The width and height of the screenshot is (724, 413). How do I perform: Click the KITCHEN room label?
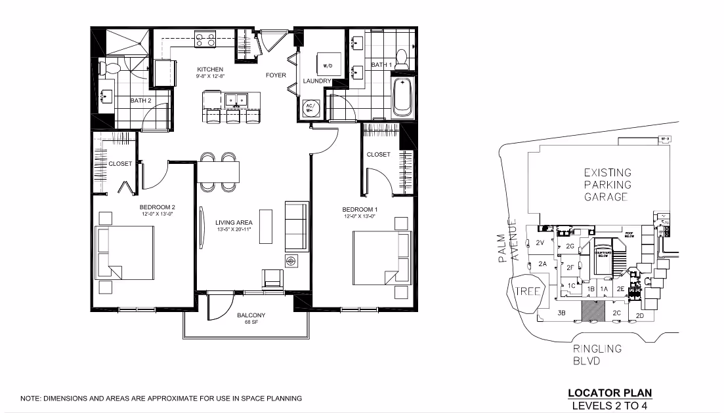click(210, 69)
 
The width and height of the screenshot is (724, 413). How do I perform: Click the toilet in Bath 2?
click(110, 68)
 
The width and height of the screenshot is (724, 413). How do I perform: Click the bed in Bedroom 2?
click(124, 252)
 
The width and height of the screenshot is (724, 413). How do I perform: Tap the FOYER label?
click(276, 75)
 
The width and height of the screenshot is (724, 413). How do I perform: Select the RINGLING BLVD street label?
click(597, 355)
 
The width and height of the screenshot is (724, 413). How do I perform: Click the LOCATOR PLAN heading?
click(610, 393)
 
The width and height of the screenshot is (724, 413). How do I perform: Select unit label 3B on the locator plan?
click(561, 313)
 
